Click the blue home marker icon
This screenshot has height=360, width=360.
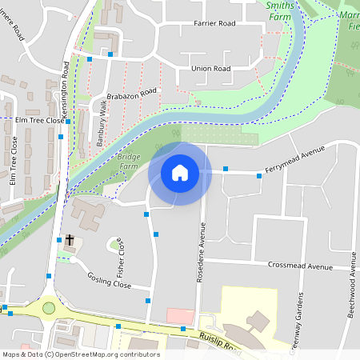[x=180, y=173]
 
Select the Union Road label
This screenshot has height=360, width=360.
[x=211, y=69]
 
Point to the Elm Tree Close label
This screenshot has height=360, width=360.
[x=39, y=120]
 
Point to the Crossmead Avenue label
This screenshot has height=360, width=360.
[x=300, y=266]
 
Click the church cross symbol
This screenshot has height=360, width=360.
[x=70, y=239]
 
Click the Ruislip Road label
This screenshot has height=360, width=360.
[x=221, y=344]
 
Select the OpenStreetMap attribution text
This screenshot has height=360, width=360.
[x=82, y=354]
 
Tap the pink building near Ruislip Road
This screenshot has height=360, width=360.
[x=181, y=315]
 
